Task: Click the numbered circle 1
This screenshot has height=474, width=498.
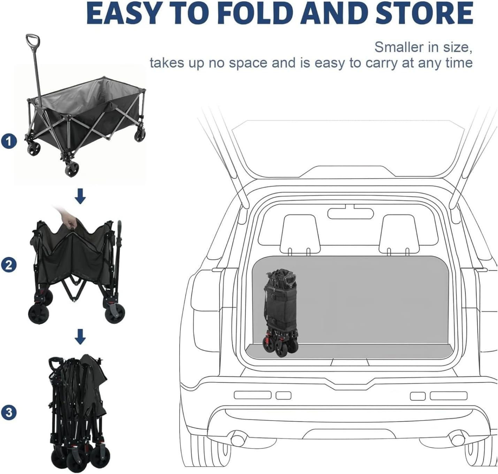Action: (x=9, y=141)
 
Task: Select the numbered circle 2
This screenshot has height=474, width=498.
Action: (x=9, y=265)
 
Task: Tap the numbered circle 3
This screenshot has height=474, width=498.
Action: (x=9, y=413)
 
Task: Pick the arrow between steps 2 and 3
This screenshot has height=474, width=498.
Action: (x=80, y=337)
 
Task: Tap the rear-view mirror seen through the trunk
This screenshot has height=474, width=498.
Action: (x=350, y=213)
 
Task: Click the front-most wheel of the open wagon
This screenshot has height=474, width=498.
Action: (x=72, y=168)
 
